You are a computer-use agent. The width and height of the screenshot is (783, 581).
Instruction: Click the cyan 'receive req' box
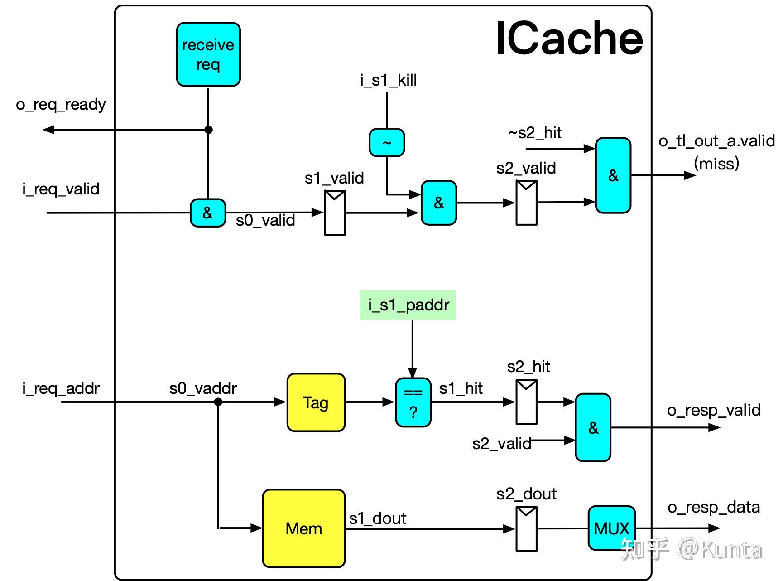coord(208,54)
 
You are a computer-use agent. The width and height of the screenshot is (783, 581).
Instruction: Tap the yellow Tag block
coord(316,402)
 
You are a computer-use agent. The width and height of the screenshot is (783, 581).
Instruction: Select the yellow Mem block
coord(303,528)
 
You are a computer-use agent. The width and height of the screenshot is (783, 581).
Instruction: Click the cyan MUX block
coord(611,528)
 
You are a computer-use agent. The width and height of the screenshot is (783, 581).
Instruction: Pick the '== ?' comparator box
coord(413,402)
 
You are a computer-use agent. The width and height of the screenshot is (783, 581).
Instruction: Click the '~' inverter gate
coord(387,143)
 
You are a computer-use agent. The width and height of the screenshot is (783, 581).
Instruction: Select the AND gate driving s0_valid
coord(207,213)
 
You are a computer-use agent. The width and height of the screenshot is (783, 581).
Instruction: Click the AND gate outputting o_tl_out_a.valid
coord(613,175)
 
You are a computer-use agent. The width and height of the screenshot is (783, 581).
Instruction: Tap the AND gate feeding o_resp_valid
coord(593,427)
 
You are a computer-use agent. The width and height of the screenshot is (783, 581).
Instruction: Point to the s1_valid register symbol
coord(335,213)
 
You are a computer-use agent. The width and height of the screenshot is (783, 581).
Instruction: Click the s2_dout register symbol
coord(526,528)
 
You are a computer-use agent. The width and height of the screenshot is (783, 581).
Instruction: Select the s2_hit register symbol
coord(526,402)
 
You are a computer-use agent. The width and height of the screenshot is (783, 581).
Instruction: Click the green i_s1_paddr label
coord(408,305)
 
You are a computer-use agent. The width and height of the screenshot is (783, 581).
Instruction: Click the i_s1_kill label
coord(388,80)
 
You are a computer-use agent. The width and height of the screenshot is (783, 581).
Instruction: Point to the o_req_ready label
coord(61,104)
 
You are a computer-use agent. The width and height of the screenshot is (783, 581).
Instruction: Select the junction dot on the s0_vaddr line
coord(218,402)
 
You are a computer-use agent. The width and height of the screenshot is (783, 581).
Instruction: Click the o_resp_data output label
coord(713,507)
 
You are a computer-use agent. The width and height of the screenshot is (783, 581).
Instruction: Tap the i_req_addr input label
coord(61,388)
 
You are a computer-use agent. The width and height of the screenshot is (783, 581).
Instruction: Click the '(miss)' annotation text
coord(716,163)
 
